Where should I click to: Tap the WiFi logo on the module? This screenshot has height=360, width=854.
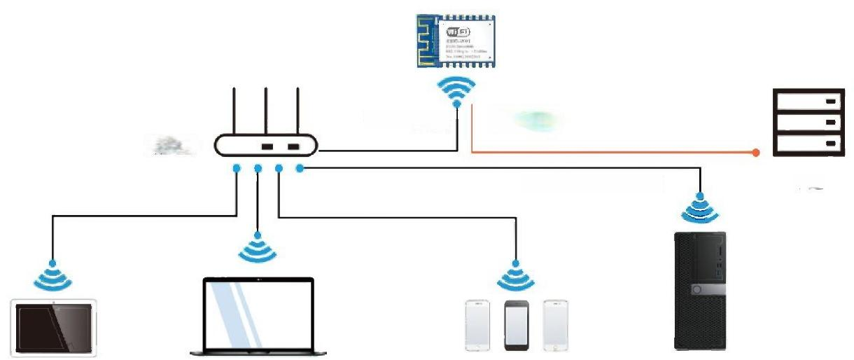457,32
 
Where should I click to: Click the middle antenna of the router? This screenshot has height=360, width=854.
266,111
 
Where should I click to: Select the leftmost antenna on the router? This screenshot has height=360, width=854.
234,111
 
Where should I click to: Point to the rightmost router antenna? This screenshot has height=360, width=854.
297,111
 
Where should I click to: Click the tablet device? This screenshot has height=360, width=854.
55,328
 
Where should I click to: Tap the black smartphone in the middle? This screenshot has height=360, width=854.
517,326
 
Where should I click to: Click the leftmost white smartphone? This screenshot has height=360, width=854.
477,326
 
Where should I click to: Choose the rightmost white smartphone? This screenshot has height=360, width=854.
556,326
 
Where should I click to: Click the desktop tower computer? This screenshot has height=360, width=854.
699,291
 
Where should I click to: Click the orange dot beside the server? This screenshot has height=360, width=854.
756,152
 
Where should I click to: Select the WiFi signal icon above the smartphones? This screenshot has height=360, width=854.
516,276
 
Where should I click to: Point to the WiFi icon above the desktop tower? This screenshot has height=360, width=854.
700,207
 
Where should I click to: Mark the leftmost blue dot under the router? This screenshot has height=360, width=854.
237,168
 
